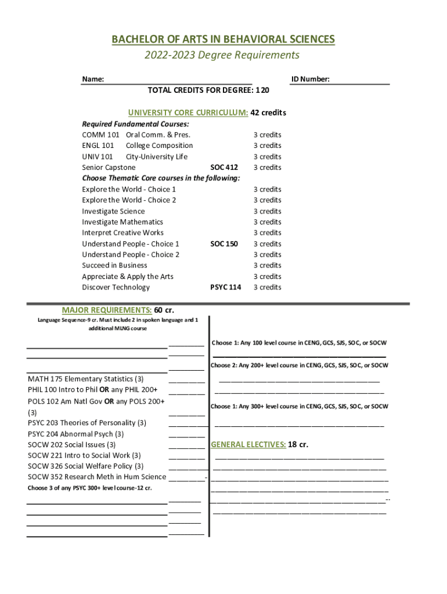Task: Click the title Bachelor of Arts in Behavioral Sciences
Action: point(223,39)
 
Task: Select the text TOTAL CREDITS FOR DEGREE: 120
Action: point(208,90)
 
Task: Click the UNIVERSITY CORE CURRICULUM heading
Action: point(188,113)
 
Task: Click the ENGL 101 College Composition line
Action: point(138,146)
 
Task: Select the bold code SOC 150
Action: point(223,244)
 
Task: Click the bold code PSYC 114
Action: point(225,287)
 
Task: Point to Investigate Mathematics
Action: point(122,222)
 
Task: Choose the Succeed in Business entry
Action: point(114,266)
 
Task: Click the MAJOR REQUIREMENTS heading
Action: point(107,310)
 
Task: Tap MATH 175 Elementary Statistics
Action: point(86,379)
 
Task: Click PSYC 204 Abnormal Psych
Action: point(75,434)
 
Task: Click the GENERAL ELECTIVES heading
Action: point(248,445)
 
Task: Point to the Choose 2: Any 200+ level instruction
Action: point(300,365)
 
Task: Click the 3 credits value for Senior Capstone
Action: point(267,168)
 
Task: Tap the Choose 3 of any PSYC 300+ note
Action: point(90,488)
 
